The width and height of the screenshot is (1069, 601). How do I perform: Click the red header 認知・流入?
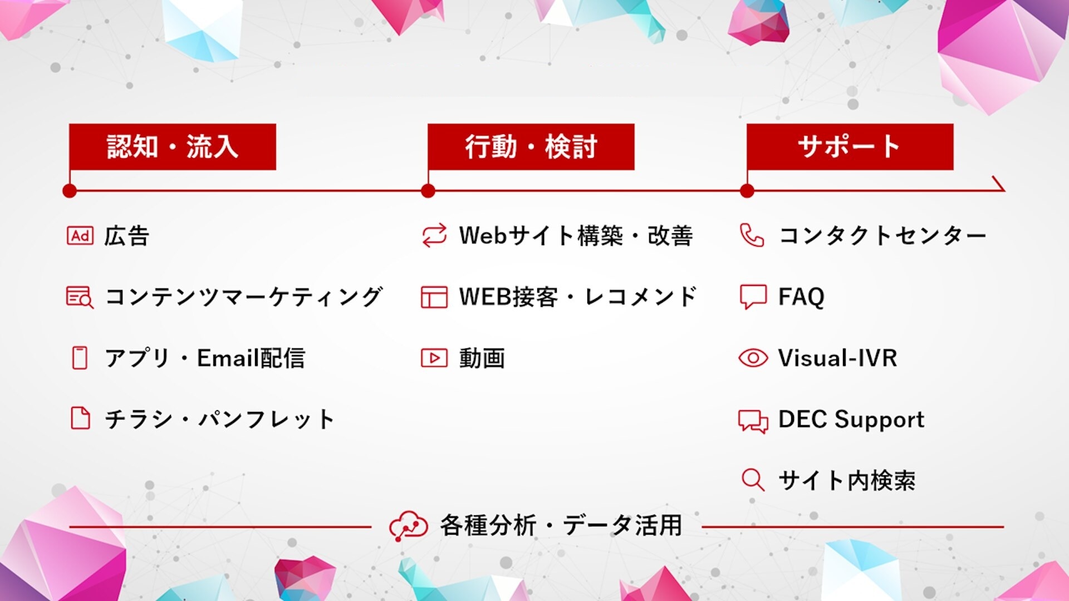tap(173, 147)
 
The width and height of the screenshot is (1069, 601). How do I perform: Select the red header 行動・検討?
tap(531, 147)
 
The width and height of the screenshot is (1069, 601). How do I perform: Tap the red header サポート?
tap(850, 147)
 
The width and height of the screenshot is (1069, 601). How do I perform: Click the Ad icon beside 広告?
tap(80, 236)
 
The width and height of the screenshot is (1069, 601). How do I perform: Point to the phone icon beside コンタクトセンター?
tap(752, 235)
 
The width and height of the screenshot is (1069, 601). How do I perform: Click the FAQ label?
tap(801, 297)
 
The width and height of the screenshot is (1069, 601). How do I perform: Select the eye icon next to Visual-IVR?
tap(753, 358)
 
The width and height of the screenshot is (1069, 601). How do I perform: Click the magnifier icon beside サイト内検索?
tap(753, 480)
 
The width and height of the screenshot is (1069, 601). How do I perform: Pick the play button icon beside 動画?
tap(434, 358)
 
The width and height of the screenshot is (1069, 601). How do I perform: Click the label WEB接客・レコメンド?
tap(578, 297)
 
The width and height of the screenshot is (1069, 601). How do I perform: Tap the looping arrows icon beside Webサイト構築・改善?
tap(434, 235)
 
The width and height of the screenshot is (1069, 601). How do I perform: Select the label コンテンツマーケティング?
tap(244, 297)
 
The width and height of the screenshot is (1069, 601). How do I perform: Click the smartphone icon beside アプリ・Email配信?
tap(80, 358)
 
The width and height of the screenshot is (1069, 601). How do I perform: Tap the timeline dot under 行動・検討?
tap(428, 191)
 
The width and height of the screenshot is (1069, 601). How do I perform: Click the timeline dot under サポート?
tap(747, 191)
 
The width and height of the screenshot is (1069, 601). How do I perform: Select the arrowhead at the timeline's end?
tap(999, 185)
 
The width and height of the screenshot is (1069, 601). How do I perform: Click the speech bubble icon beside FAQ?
tap(753, 297)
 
